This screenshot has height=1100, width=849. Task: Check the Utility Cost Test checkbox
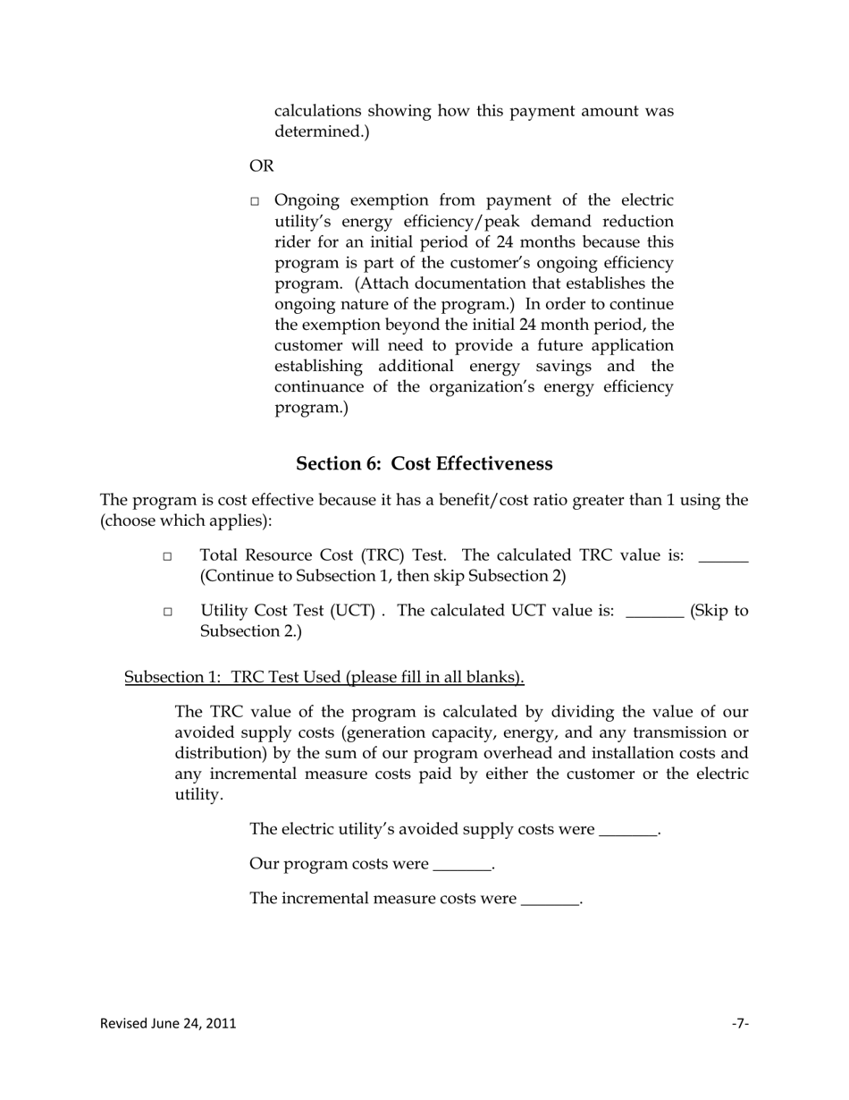coord(167,613)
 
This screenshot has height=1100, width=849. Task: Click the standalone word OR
coord(262,166)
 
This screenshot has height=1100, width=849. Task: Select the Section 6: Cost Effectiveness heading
coord(424,463)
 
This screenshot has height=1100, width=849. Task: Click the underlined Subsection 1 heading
coord(324,677)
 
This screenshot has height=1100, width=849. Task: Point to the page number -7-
coord(740,1023)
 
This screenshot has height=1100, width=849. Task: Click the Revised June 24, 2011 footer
coord(168,1023)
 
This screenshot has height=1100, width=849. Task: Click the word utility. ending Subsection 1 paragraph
coord(198,794)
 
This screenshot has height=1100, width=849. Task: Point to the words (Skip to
coord(719,611)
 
